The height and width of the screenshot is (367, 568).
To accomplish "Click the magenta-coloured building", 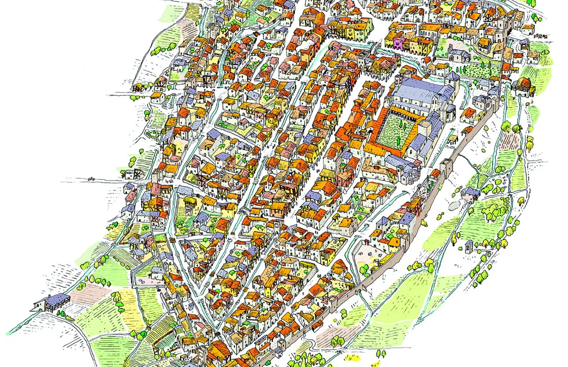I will tap(399, 42).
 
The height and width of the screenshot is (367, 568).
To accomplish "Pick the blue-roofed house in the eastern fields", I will tap(471, 193).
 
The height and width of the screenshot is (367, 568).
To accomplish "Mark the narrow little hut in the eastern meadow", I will tap(468, 246).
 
